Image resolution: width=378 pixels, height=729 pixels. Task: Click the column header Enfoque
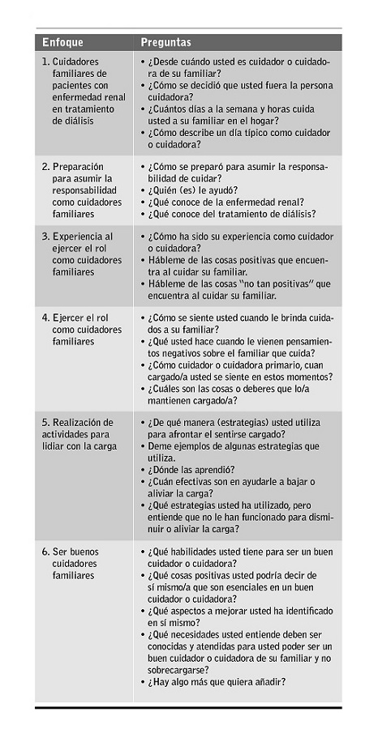[62, 42]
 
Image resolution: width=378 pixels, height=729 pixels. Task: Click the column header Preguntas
[166, 42]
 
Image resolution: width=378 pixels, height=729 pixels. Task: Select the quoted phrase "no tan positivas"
[273, 283]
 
